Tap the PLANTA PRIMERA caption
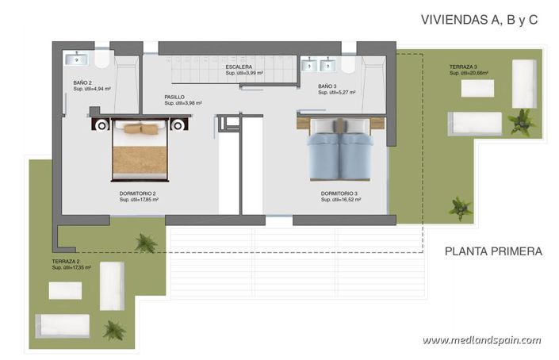click(x=493, y=251)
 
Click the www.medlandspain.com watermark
click(x=481, y=340)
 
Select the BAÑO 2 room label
click(x=83, y=82)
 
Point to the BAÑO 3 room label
click(x=327, y=86)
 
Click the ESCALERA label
click(x=239, y=67)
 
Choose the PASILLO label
click(x=174, y=97)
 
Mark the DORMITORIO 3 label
click(x=340, y=193)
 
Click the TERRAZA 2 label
click(x=65, y=261)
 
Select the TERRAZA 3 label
click(x=462, y=67)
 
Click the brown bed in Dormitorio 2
click(x=140, y=151)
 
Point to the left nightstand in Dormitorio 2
click(x=100, y=124)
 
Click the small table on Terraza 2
click(x=65, y=290)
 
